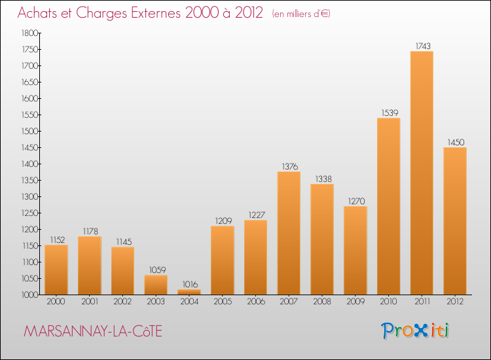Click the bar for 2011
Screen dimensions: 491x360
[x=422, y=173]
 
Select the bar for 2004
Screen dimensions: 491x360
[x=189, y=292]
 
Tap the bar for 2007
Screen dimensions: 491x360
[x=289, y=233]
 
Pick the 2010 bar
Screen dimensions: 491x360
[x=389, y=206]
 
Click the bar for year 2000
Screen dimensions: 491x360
[x=56, y=270]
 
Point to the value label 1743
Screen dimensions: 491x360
[x=423, y=46]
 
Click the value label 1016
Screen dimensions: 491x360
[x=190, y=284]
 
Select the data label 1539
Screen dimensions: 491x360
[x=390, y=113]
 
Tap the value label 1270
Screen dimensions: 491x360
[x=356, y=201]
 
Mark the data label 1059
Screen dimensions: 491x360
[x=157, y=270]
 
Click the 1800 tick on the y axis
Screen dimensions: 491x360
[x=29, y=33]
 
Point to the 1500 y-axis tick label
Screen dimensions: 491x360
[x=29, y=131]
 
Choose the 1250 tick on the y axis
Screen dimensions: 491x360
[x=29, y=213]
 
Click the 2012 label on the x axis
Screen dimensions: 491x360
[x=455, y=302]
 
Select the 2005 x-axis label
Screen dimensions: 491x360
[x=223, y=302]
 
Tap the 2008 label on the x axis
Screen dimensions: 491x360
[x=322, y=302]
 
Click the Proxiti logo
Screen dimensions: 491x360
[x=415, y=331]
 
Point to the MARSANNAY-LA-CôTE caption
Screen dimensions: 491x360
[x=93, y=331]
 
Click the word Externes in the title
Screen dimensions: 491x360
[x=156, y=13]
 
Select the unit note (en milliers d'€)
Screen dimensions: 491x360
[x=301, y=14]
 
